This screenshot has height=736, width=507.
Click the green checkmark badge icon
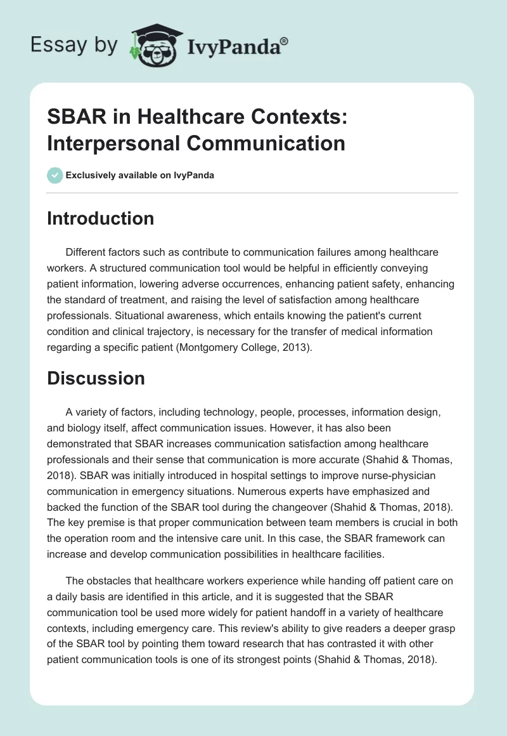coord(55,175)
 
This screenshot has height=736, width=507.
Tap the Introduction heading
coord(101,218)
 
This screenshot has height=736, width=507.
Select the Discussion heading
coord(96,378)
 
